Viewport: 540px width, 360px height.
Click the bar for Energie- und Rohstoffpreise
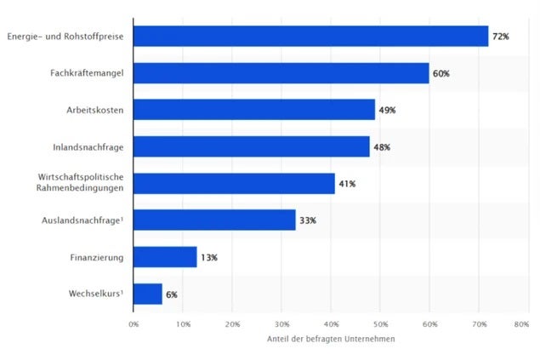pyautogui.click(x=311, y=36)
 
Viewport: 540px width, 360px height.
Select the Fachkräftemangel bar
pyautogui.click(x=281, y=73)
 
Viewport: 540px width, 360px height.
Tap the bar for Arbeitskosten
pyautogui.click(x=254, y=110)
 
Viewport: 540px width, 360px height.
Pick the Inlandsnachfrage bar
pyautogui.click(x=252, y=146)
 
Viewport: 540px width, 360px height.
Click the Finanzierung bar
pyautogui.click(x=166, y=256)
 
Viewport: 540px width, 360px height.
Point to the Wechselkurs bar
pyautogui.click(x=148, y=294)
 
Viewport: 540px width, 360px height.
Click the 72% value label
pyautogui.click(x=500, y=37)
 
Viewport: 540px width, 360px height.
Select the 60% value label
pyautogui.click(x=441, y=74)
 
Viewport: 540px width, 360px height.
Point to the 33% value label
pyautogui.click(x=307, y=220)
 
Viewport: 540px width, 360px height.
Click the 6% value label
pyautogui.click(x=171, y=294)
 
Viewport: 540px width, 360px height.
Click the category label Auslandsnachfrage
pyautogui.click(x=82, y=220)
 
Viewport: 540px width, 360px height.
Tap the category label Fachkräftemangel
pyautogui.click(x=87, y=73)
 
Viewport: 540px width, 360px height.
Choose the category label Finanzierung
pyautogui.click(x=97, y=257)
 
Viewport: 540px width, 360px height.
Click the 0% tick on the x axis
pyautogui.click(x=134, y=324)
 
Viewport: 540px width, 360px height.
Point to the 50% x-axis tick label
pyautogui.click(x=381, y=324)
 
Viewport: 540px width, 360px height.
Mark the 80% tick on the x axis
pyautogui.click(x=522, y=324)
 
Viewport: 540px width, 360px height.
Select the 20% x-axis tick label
pyautogui.click(x=233, y=324)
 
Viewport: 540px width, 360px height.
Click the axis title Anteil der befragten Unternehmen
pyautogui.click(x=331, y=340)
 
